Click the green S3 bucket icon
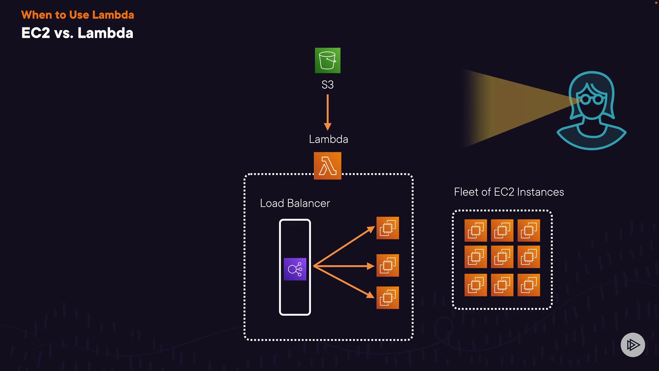coord(327,60)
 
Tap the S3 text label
coord(327,85)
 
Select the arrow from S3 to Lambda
coord(328,112)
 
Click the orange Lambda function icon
coord(327,166)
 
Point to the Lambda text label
coord(328,139)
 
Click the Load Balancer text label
coord(295,203)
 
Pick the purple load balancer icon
coord(295,269)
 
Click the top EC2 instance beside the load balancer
coord(388,228)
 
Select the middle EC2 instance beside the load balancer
coord(388,265)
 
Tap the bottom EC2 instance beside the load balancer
coord(388,297)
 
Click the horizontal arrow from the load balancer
coord(343,266)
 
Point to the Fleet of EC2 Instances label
coord(509,192)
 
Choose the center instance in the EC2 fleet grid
coord(502,257)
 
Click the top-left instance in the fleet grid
coord(476,231)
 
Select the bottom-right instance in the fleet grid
coord(529,285)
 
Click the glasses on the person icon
coord(592,100)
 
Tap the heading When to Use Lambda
coord(78,15)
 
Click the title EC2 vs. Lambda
coord(77,33)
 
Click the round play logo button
coord(633,345)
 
